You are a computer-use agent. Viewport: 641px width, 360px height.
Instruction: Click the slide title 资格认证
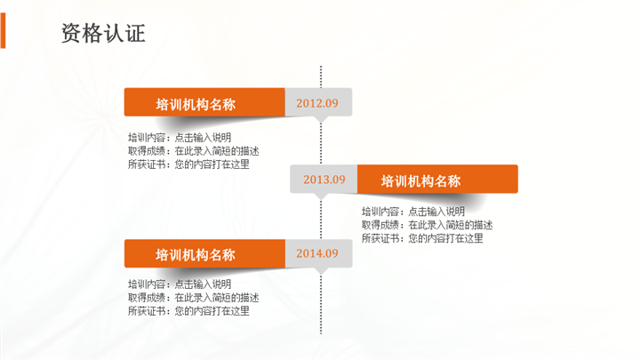(x=103, y=33)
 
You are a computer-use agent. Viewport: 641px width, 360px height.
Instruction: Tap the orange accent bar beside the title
(x=3, y=30)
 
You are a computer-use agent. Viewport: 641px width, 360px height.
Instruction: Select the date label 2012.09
(x=317, y=103)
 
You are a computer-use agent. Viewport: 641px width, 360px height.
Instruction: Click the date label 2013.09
(x=325, y=180)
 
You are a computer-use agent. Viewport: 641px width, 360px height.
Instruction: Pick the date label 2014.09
(x=317, y=253)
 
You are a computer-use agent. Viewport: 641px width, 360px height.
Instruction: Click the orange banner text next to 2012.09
(x=196, y=105)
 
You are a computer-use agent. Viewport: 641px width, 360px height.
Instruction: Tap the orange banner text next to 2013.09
(x=421, y=181)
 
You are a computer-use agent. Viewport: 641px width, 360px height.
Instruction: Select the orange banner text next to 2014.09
(x=196, y=255)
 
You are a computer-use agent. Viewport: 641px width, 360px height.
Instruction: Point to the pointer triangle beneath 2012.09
(x=321, y=119)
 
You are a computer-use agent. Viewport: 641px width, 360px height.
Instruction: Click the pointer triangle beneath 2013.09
(x=321, y=196)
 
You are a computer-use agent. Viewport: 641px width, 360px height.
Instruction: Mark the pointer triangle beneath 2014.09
(x=321, y=271)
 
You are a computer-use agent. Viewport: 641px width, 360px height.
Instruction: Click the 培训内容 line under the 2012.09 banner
(x=180, y=137)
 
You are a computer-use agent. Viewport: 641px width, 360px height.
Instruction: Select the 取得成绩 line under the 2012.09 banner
(x=193, y=151)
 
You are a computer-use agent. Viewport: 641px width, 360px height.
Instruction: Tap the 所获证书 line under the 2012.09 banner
(x=188, y=164)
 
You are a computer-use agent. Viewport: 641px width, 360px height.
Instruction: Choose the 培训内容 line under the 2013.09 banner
(x=413, y=212)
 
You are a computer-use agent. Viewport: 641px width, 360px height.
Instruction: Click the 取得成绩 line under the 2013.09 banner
(x=428, y=225)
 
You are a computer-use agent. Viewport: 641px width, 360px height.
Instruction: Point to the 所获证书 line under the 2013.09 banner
(x=422, y=238)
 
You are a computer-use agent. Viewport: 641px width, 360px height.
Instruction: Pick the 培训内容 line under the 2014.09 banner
(x=180, y=284)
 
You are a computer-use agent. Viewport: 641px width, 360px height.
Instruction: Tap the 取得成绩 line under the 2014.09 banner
(x=193, y=298)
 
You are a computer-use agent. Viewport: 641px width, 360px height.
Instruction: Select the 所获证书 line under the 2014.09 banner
(x=188, y=311)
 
